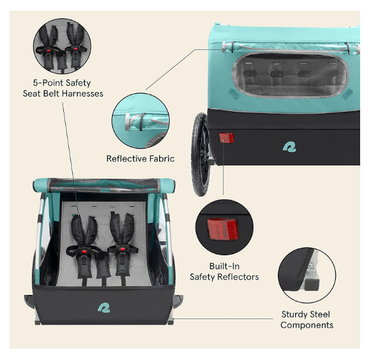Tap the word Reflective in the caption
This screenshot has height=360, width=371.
(x=123, y=158)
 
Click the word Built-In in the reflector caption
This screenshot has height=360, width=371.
(x=224, y=266)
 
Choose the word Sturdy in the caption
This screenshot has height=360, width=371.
(x=292, y=315)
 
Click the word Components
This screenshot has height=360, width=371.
(x=307, y=326)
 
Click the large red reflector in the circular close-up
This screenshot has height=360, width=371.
(x=223, y=229)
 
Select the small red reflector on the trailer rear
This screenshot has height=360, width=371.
(x=227, y=138)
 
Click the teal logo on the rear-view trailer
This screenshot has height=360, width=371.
(x=289, y=147)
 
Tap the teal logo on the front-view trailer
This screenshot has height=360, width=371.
(x=104, y=308)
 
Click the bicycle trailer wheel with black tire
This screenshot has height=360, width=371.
(x=200, y=154)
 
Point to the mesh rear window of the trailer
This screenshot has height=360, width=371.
(x=291, y=75)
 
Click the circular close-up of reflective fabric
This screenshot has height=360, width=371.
(x=140, y=121)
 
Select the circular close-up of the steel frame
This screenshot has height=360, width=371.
(x=307, y=275)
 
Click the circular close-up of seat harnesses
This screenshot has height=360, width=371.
(x=62, y=46)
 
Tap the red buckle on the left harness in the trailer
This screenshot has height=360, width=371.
(x=84, y=250)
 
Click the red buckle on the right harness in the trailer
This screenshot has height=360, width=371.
(x=123, y=248)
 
